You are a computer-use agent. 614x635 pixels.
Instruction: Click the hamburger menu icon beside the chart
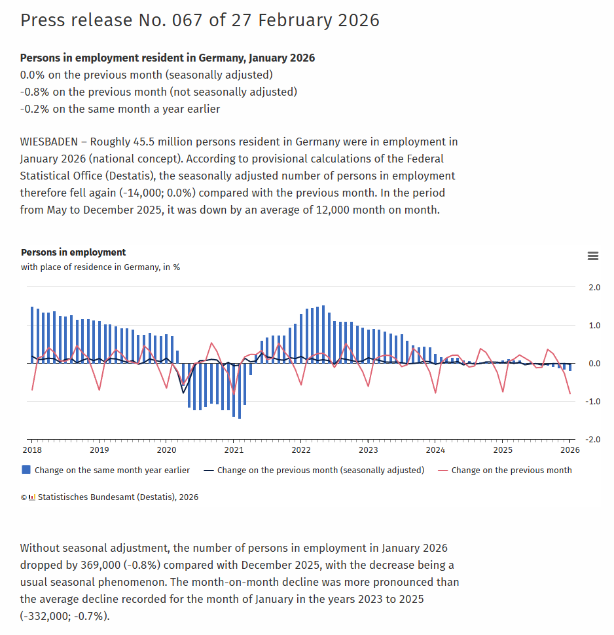pyautogui.click(x=593, y=256)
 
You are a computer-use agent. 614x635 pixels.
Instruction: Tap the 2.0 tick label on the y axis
pyautogui.click(x=594, y=288)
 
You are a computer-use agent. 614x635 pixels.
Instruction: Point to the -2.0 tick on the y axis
pyautogui.click(x=593, y=440)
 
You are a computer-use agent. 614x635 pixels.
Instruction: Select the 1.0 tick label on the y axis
pyautogui.click(x=594, y=326)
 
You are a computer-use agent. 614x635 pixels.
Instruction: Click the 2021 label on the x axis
pyautogui.click(x=234, y=450)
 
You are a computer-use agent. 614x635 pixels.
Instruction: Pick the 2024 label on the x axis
pyautogui.click(x=435, y=450)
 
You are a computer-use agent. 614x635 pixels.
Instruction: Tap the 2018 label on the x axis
pyautogui.click(x=32, y=450)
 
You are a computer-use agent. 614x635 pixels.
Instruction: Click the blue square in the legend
pyautogui.click(x=26, y=470)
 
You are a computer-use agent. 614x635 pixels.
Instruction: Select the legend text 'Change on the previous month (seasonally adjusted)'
pyautogui.click(x=320, y=470)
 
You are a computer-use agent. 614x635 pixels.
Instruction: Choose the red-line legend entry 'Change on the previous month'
pyautogui.click(x=511, y=470)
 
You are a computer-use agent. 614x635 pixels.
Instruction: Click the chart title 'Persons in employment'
pyautogui.click(x=73, y=252)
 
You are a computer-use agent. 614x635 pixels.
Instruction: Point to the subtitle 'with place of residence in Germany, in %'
pyautogui.click(x=100, y=267)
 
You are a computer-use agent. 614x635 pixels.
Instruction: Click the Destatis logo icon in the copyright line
pyautogui.click(x=32, y=497)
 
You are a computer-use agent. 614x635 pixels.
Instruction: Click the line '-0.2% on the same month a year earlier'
pyautogui.click(x=120, y=109)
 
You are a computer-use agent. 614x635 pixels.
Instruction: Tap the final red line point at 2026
pyautogui.click(x=569, y=393)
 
